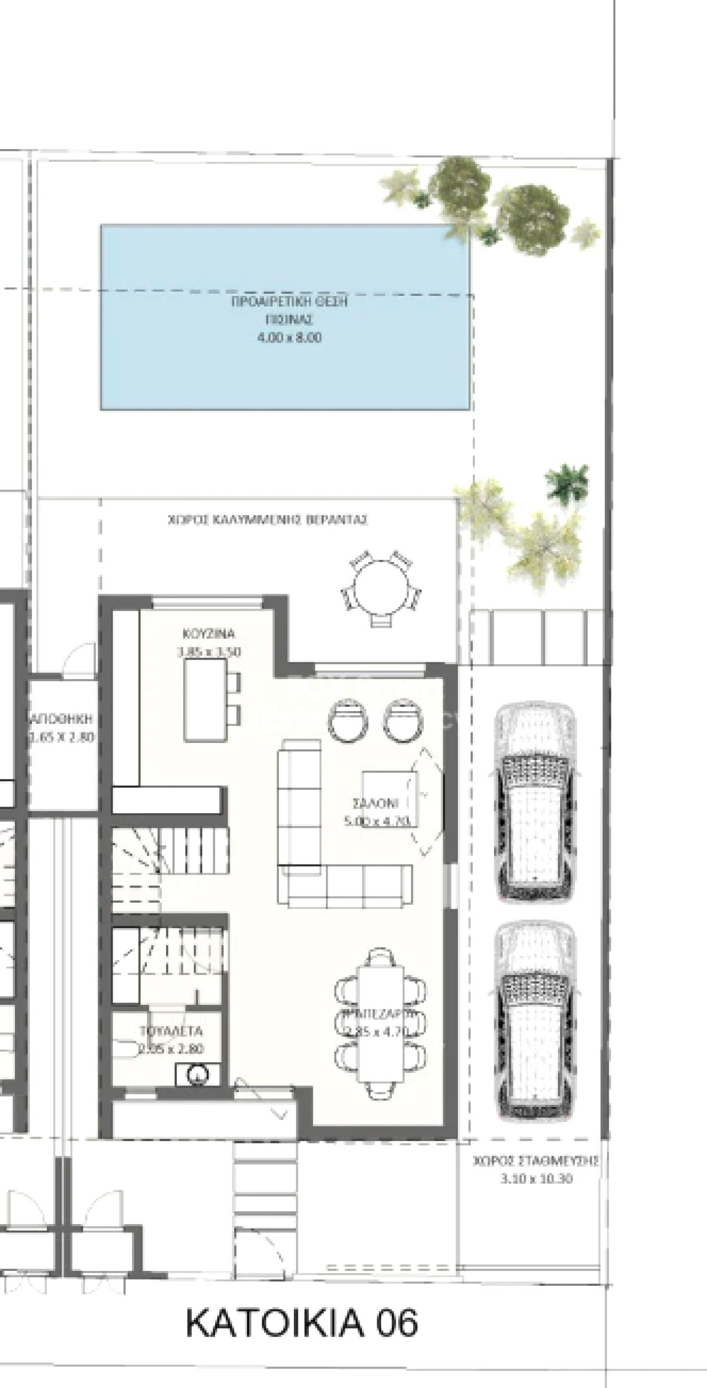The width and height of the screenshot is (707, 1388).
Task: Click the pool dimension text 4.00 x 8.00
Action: point(289,338)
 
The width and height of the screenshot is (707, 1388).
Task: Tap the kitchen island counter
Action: point(205,700)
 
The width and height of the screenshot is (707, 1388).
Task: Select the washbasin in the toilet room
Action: point(198,1074)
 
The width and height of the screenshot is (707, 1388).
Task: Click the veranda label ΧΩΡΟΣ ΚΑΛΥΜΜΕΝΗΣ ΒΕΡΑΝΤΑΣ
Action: point(268,520)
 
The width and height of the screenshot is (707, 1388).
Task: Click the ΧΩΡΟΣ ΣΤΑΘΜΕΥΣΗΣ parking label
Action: point(536,1162)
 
